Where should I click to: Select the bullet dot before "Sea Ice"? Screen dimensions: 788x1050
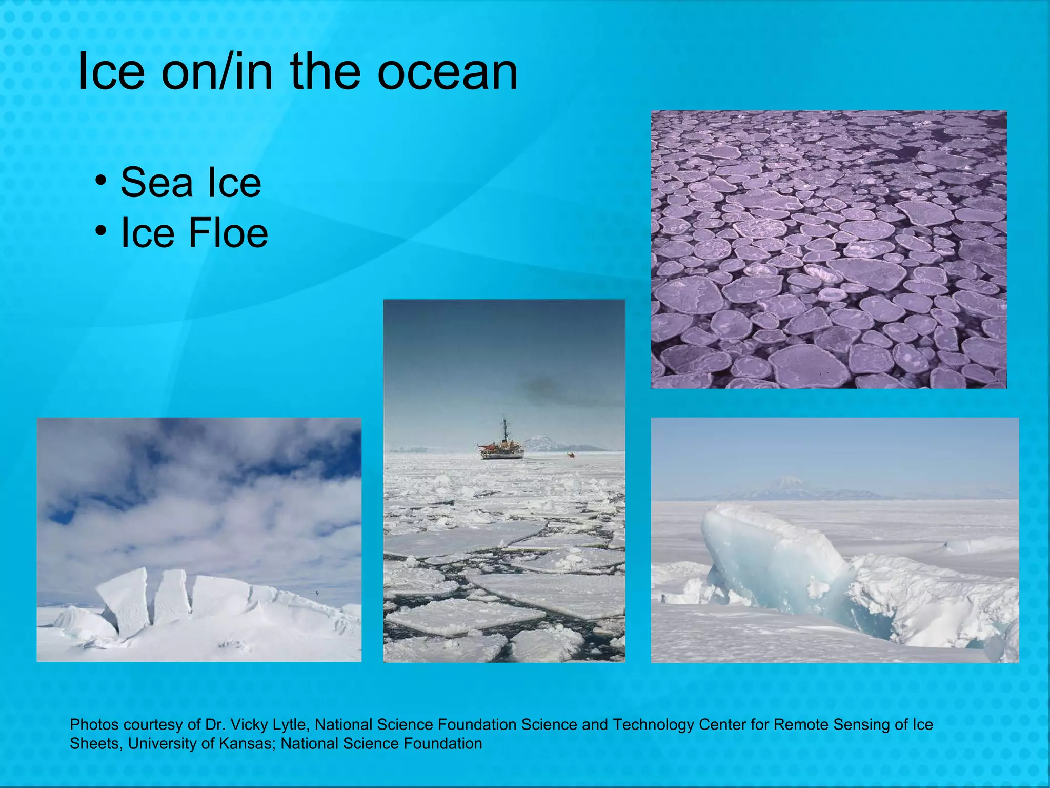(101, 181)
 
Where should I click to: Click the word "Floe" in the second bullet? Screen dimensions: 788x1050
(228, 233)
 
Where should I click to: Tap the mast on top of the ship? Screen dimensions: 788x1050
(505, 429)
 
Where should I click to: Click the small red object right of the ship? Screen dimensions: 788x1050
(571, 455)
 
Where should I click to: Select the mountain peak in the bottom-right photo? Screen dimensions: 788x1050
(790, 482)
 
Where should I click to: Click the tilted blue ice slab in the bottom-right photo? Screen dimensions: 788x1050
(769, 559)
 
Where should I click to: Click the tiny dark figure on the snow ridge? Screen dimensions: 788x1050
(317, 594)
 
